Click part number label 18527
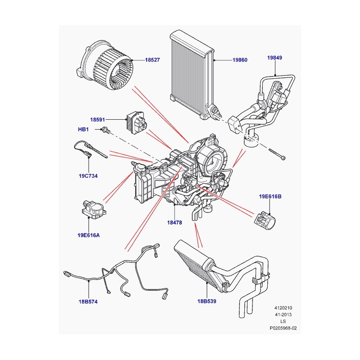(153, 60)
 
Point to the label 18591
(97, 120)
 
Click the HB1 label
(84, 130)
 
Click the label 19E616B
(269, 197)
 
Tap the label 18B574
(86, 301)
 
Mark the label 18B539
(206, 301)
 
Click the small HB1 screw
(105, 130)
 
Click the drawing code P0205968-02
(283, 328)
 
